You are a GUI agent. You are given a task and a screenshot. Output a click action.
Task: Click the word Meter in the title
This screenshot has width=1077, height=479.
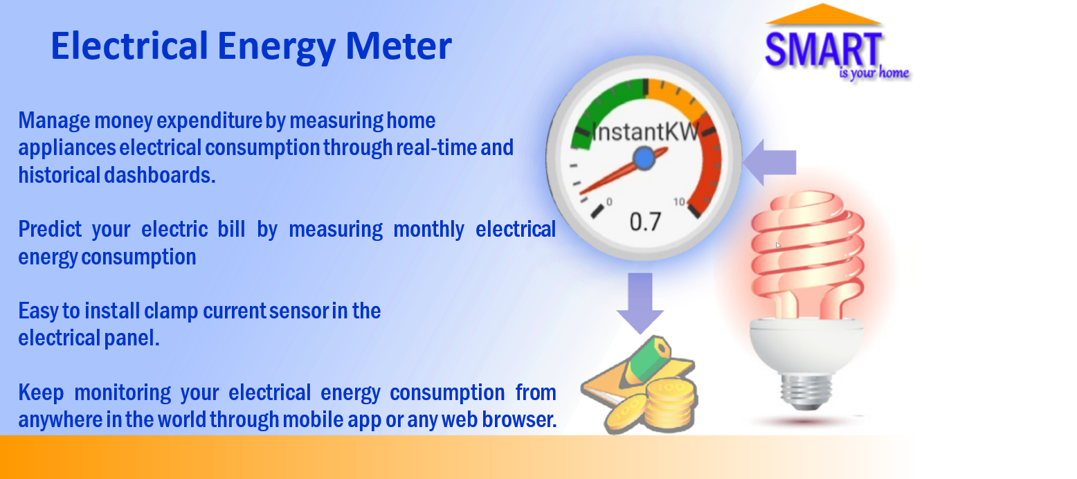point(399,46)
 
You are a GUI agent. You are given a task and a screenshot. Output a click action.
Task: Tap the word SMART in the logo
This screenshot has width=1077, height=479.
point(823,49)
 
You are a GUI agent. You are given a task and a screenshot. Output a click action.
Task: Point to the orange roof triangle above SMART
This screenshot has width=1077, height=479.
point(823,15)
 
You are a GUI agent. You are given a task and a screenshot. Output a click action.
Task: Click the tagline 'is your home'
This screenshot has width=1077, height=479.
point(874,73)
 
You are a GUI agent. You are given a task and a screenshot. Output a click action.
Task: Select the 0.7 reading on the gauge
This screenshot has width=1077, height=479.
point(645,222)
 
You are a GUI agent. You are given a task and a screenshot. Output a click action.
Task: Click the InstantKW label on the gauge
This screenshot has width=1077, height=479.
point(645,132)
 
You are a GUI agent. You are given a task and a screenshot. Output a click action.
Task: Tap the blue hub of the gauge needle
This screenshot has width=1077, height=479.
point(644,159)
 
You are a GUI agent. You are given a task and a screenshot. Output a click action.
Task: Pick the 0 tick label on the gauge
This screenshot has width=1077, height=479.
point(609,201)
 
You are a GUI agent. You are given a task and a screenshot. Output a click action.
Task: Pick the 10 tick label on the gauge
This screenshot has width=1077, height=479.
point(679,202)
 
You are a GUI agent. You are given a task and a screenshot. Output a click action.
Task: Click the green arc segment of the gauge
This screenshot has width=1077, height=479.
point(601,103)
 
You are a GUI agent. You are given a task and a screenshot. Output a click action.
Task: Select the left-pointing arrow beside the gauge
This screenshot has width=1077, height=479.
point(769,163)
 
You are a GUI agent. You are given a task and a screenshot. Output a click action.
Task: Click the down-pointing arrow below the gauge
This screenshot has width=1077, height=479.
point(640,303)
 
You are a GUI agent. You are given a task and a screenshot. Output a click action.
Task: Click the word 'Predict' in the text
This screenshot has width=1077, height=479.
point(50,229)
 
